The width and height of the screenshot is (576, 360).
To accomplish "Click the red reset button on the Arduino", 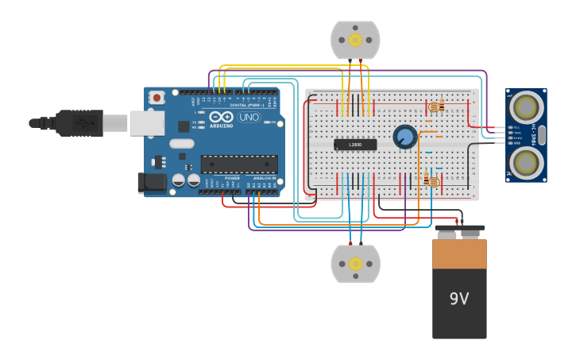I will [x=157, y=98].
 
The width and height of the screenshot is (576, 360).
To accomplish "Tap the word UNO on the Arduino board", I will [x=249, y=117].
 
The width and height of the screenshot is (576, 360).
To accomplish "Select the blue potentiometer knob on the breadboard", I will [x=404, y=137].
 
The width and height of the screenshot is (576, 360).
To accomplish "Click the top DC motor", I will [x=355, y=40].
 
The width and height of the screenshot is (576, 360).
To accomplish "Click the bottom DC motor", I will [x=355, y=263].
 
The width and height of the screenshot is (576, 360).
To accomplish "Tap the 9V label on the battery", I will [x=459, y=299].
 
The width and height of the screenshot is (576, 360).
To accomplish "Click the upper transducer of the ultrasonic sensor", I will [x=526, y=106].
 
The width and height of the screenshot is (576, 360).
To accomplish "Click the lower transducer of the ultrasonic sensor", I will [x=526, y=163].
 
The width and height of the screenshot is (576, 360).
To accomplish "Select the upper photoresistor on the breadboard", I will [x=434, y=106].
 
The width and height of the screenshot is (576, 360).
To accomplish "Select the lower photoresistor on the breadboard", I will [x=432, y=182].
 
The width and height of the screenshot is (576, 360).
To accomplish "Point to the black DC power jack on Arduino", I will [x=152, y=183].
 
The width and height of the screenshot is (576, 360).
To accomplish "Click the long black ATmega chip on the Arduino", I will [x=238, y=164].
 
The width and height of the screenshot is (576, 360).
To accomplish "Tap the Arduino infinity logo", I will [x=222, y=117].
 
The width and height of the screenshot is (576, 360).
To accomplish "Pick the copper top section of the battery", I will [x=459, y=254].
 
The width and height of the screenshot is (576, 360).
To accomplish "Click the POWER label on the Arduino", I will [x=232, y=178].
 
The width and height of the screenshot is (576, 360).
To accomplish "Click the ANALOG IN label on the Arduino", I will [x=264, y=178].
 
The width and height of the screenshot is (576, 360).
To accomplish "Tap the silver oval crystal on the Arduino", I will [x=181, y=144].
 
